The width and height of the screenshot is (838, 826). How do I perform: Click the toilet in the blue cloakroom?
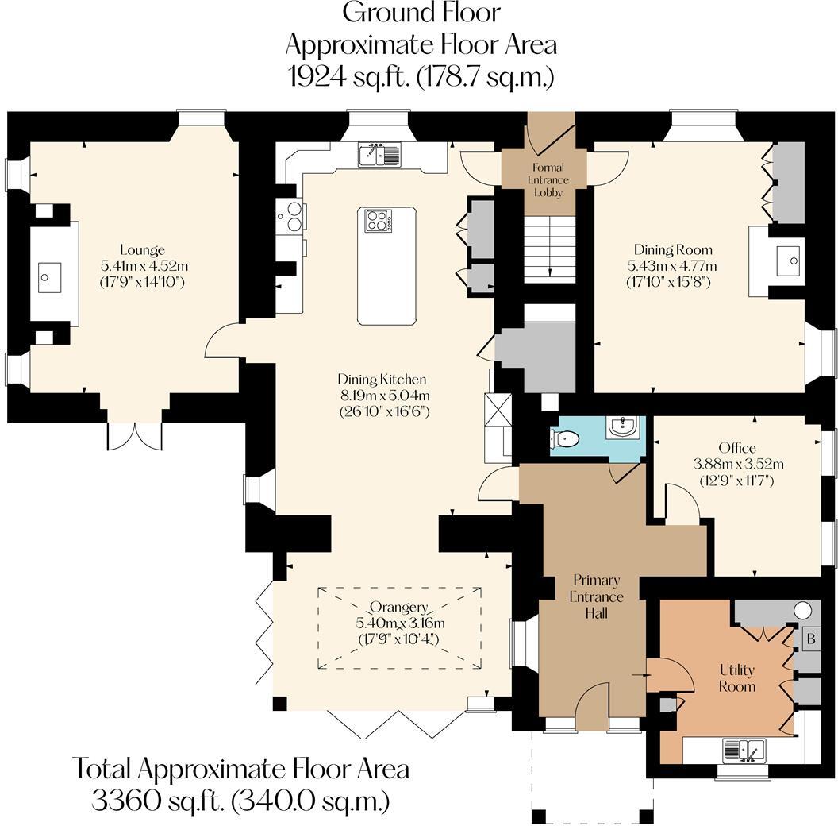pyautogui.click(x=565, y=438)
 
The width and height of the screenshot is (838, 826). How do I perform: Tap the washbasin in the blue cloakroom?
pyautogui.click(x=623, y=428)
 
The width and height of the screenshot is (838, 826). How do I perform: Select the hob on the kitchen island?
pyautogui.click(x=379, y=220)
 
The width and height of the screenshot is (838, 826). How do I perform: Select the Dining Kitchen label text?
pyautogui.click(x=382, y=380)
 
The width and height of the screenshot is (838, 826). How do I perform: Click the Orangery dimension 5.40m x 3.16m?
pyautogui.click(x=401, y=623)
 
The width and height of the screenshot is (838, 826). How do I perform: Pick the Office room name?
pyautogui.click(x=737, y=448)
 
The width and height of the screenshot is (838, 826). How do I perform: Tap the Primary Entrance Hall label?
pyautogui.click(x=597, y=596)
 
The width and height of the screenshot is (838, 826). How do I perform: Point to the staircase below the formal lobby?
pyautogui.click(x=548, y=249)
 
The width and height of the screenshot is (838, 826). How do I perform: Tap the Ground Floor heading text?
pyautogui.click(x=421, y=13)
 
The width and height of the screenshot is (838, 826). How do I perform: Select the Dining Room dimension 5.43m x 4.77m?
pyautogui.click(x=672, y=265)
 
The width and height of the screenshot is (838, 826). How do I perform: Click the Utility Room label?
pyautogui.click(x=736, y=677)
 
